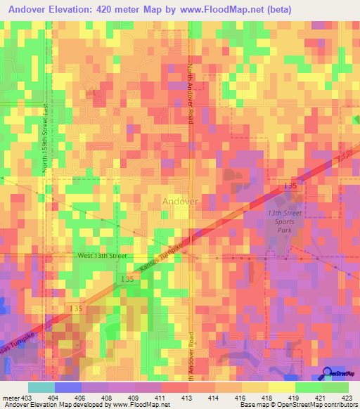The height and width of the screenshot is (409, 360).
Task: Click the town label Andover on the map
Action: click(x=180, y=201)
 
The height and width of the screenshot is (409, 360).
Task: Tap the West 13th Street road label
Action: click(x=102, y=256)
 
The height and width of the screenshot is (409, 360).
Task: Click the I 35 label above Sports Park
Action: click(x=290, y=186)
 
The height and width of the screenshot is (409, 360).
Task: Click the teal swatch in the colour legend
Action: click(x=41, y=387)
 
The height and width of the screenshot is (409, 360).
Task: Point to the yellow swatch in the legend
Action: click(x=281, y=387)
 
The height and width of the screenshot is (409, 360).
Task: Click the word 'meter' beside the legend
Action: click(x=10, y=398)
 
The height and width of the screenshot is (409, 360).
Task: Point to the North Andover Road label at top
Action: click(x=189, y=95)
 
